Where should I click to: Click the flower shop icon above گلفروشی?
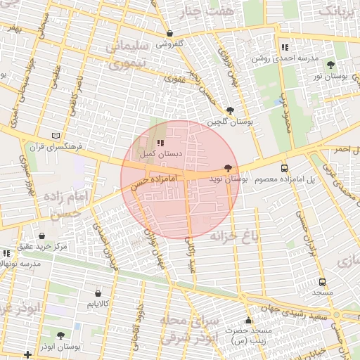pos(169,33)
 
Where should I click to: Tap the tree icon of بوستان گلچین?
pos(230,110)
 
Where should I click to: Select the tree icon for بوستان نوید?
pos(227,169)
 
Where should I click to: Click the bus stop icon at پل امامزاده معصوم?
pos(284,169)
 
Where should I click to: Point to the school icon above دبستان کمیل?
pos(160,142)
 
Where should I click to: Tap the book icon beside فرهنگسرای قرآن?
pos(56,136)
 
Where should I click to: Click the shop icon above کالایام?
pos(98,293)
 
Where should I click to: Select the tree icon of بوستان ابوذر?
pos(60,335)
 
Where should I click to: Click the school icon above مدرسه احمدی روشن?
pos(284,47)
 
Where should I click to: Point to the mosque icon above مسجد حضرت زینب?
pos(247,320)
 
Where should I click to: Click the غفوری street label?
pos(174,79)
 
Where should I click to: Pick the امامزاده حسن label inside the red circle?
pos(159,181)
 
